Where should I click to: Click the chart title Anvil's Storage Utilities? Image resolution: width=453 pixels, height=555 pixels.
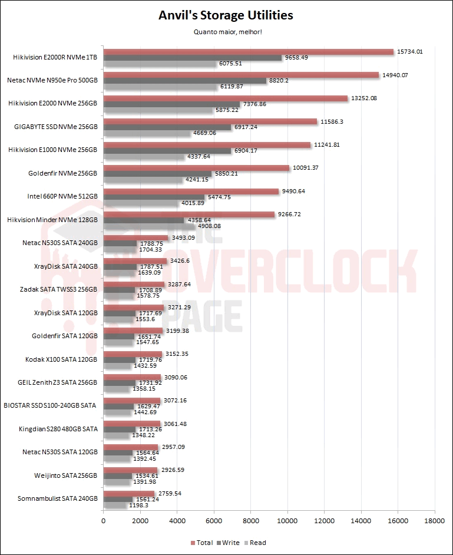[x=226, y=15]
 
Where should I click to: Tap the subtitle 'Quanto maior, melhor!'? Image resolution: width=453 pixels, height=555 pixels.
[x=226, y=32]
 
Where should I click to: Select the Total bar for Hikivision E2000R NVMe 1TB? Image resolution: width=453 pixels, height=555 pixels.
[x=248, y=51]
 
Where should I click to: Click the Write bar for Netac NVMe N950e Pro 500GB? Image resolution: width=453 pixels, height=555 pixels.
[x=185, y=81]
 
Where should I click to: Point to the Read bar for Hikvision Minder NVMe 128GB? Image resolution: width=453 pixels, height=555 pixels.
[x=148, y=226]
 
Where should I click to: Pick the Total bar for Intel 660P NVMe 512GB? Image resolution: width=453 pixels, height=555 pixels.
[x=191, y=191]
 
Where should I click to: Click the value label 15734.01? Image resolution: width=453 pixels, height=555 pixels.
[x=411, y=51]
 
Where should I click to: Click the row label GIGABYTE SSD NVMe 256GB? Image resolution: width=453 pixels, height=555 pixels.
[x=55, y=127]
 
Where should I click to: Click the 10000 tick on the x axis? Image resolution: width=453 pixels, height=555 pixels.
[x=287, y=521]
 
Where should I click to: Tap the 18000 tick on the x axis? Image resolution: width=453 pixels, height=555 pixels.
[x=435, y=521]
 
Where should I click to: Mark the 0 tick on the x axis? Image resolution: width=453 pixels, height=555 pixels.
[x=104, y=521]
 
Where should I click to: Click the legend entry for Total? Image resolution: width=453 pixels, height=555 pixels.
[x=202, y=543]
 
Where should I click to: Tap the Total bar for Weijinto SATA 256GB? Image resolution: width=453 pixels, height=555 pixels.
[x=130, y=470]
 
